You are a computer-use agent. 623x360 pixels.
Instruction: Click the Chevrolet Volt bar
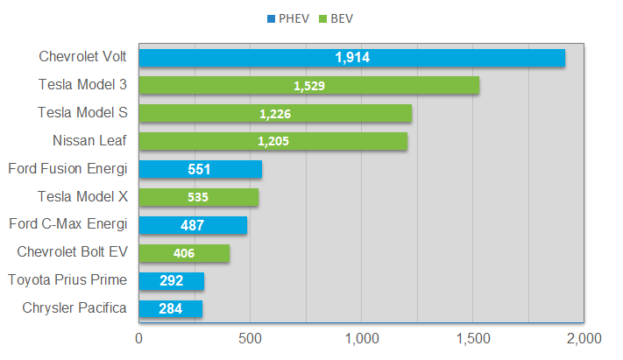pos(351,58)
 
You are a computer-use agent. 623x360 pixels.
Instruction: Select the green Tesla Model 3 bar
pos(308,86)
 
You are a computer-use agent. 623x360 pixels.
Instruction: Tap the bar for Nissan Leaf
pos(273,141)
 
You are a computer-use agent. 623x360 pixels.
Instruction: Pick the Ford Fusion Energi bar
pos(200,169)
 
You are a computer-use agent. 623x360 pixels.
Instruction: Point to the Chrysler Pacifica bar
pos(170,308)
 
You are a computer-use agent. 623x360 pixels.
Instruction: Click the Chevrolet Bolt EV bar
pos(183,253)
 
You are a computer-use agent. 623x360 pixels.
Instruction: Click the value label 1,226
pos(275,114)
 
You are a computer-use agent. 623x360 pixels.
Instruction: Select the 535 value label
pos(198,197)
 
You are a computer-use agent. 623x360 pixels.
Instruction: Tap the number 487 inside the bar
pos(193,225)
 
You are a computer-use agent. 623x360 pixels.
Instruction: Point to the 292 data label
pos(171,281)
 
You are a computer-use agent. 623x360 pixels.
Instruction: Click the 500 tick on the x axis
pos(250,336)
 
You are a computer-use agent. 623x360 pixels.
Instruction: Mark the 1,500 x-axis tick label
pos(473,336)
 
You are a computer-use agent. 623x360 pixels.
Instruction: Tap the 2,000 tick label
pos(584,336)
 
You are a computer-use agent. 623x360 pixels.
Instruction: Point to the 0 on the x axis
pos(138,336)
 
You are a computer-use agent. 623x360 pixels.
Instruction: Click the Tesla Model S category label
pos(83,112)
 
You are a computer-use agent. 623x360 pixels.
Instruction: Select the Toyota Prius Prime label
pos(67,279)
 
